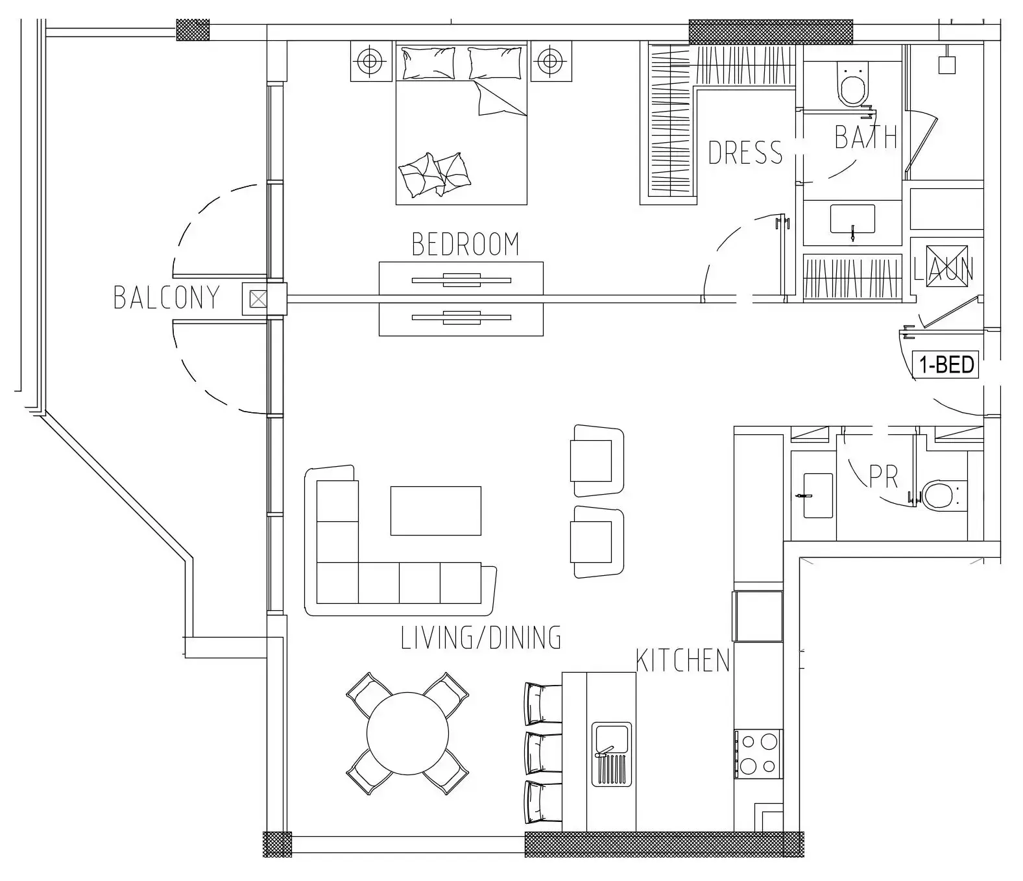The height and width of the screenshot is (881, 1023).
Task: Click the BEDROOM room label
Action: point(465,244)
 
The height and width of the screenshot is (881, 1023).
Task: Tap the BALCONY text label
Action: point(167,297)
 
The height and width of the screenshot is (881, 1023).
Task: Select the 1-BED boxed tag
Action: point(946,365)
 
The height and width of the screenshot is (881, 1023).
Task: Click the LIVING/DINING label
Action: point(481,638)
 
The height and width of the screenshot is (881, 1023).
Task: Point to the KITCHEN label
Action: point(682,660)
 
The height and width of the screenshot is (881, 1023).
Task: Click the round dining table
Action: point(407,734)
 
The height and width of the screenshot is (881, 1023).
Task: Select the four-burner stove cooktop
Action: point(758,754)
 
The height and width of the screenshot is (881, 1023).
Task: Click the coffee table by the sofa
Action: point(435,511)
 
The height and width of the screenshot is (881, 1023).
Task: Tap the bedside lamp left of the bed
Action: point(370,62)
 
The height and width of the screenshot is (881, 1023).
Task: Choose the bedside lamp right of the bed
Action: point(550,62)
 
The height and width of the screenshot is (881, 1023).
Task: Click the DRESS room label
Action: point(745,153)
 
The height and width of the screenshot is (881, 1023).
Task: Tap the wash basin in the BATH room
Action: point(852,219)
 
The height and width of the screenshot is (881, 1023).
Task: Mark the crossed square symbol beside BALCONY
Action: point(258,299)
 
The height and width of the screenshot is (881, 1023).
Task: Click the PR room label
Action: point(883,477)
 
